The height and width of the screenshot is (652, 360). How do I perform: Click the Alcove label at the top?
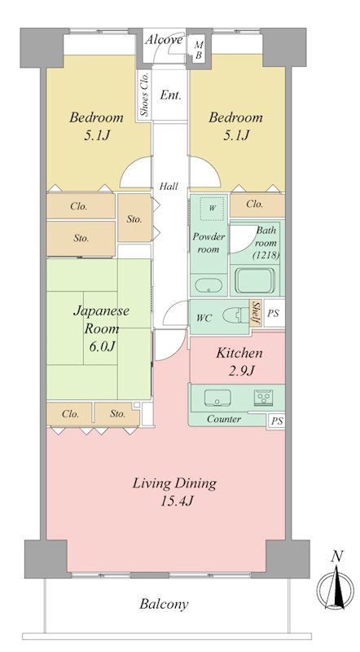coord(164,39)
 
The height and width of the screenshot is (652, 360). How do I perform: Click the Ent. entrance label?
coord(170,95)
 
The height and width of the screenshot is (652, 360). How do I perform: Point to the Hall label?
coord(169,186)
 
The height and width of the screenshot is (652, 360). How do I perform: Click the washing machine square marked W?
coord(212,209)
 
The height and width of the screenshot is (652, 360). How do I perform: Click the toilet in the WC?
coord(234,315)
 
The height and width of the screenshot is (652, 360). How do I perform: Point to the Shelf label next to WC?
coord(256,314)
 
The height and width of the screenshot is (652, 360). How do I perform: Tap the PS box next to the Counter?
coord(277,421)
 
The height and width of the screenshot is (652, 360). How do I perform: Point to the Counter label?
coord(223,419)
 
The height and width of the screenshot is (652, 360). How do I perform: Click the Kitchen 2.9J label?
coord(238,362)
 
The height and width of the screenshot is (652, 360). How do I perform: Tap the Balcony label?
coord(164,604)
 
